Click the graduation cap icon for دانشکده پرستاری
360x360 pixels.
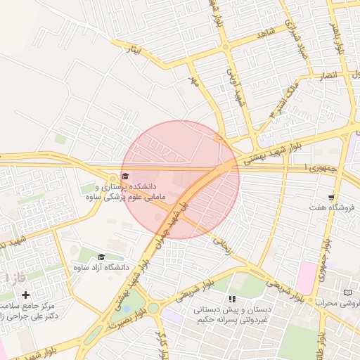[x=125, y=176]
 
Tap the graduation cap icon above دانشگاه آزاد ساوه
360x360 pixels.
[x=101, y=257]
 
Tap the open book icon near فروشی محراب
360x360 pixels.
[x=348, y=292]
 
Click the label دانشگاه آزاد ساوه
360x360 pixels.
[x=101, y=268]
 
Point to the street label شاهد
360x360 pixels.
[x=265, y=32]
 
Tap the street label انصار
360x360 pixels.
[x=330, y=75]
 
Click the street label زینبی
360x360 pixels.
[x=221, y=243]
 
